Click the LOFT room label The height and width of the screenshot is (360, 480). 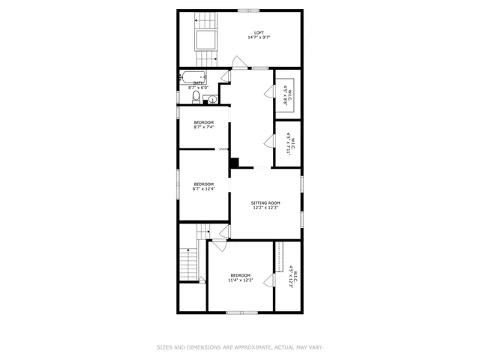pyautogui.click(x=259, y=32)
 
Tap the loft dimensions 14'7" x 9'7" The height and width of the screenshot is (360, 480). pyautogui.click(x=259, y=37)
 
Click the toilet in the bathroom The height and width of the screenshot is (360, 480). pyautogui.click(x=196, y=97)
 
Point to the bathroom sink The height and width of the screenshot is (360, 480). pyautogui.click(x=213, y=98)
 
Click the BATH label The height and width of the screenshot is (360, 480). pyautogui.click(x=199, y=83)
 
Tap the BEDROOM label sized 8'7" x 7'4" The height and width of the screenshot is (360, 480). pyautogui.click(x=204, y=122)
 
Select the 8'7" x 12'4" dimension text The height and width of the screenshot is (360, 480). pyautogui.click(x=204, y=188)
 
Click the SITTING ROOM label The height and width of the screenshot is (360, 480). pyautogui.click(x=265, y=203)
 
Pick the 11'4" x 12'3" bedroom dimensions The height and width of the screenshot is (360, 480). pyautogui.click(x=241, y=280)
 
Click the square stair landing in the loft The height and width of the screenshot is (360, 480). pyautogui.click(x=205, y=40)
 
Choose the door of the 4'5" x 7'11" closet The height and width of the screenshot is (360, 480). pyautogui.click(x=268, y=141)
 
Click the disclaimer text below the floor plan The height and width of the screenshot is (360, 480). pyautogui.click(x=239, y=347)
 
